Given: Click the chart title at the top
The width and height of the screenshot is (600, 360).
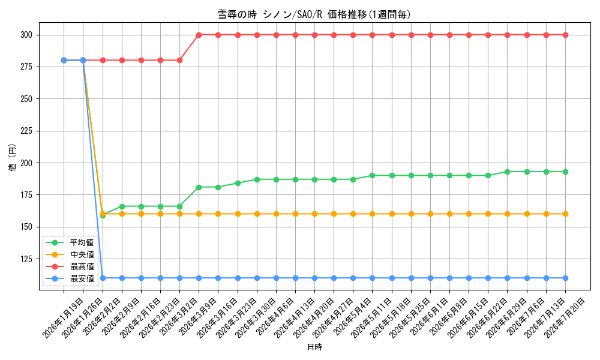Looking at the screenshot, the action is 314,14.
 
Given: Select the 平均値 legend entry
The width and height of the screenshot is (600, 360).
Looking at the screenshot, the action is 70,242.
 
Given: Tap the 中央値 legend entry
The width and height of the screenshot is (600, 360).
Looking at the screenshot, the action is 70,255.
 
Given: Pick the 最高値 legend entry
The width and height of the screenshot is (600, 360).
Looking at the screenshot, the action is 70,266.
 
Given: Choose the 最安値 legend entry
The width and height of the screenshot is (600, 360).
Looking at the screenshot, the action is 70,279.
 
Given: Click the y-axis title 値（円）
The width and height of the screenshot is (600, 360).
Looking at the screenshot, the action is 13,157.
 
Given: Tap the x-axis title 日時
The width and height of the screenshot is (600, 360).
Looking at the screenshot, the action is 314,347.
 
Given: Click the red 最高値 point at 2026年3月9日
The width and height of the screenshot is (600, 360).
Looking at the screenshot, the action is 199,35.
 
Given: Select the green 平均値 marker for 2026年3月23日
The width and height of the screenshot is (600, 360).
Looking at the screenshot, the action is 238,183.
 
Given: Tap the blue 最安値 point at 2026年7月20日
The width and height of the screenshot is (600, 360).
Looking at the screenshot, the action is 565,278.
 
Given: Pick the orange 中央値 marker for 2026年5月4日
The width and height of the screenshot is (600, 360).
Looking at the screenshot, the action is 353,214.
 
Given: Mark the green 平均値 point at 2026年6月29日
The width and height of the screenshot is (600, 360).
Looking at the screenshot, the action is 508,172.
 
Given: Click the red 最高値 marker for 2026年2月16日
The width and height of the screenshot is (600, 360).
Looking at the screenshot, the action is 141,61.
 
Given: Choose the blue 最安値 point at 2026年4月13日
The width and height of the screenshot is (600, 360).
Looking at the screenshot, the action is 295,278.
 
